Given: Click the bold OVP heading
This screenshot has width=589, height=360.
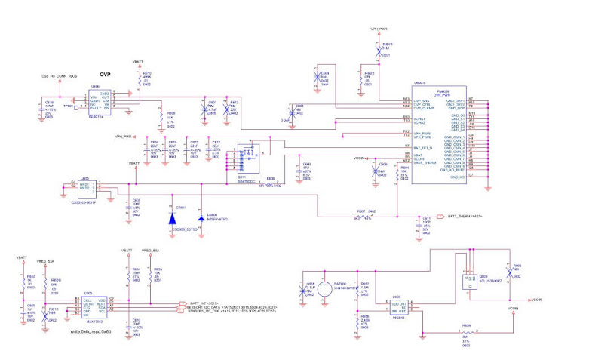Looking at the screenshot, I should [106, 75].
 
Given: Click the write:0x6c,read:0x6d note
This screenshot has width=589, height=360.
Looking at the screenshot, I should [90, 331].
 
